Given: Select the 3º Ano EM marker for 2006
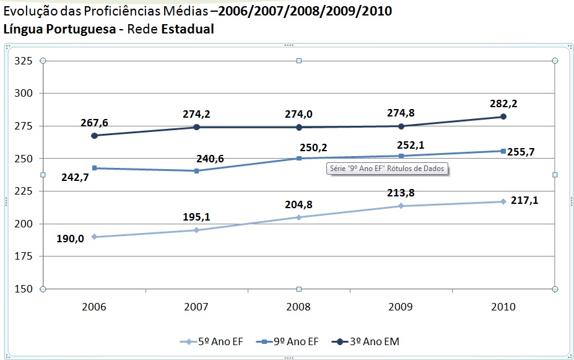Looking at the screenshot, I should pos(94,135).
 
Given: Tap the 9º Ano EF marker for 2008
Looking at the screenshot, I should pos(298,159).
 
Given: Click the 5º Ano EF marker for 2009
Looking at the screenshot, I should pos(401,206).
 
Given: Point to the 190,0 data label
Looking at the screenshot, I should pos(76,239).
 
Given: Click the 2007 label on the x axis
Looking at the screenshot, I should pos(196,307).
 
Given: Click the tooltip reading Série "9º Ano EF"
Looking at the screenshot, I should pos(387,169).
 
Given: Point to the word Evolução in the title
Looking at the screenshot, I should pos(29,12).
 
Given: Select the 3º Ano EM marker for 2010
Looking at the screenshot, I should pos(503,116).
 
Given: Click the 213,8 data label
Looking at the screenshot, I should pos(402,193).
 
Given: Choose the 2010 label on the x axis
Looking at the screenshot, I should pos(503,307).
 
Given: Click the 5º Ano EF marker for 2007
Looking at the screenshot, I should pos(196,230).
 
